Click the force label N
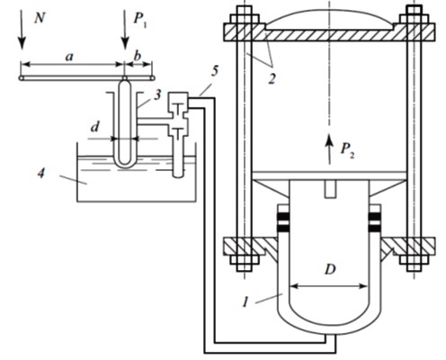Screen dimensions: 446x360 [x=40, y=19]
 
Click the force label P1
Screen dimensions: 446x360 [x=139, y=20]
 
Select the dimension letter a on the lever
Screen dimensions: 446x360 [x=69, y=57]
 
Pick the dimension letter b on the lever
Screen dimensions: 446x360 [x=137, y=56]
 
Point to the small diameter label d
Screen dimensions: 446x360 [x=94, y=127]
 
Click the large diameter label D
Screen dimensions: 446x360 [x=330, y=270]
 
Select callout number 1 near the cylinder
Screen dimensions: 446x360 [x=245, y=301]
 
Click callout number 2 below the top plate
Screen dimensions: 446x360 [x=272, y=79]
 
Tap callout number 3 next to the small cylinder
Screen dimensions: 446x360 [x=157, y=94]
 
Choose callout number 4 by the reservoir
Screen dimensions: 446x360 [x=41, y=173]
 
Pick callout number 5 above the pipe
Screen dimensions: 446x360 [x=215, y=70]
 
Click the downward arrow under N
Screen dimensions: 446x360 [x=22, y=29]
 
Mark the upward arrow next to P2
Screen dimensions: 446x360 [x=329, y=149]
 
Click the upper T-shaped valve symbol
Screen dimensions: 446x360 [x=178, y=108]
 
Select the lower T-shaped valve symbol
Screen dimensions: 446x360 [x=178, y=133]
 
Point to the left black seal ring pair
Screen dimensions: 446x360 [x=284, y=222]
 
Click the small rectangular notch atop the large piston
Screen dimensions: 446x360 [x=330, y=189]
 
